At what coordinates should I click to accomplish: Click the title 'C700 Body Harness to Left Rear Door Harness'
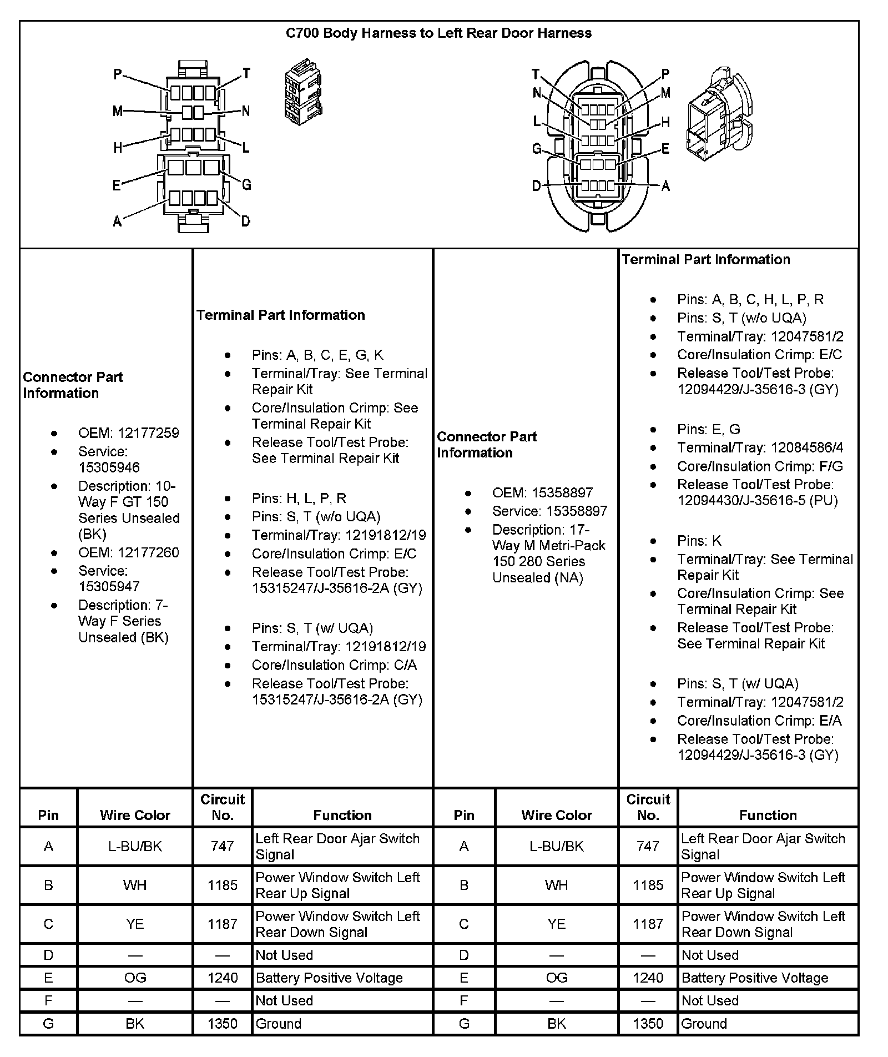(x=438, y=33)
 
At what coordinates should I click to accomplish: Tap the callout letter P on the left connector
(x=118, y=74)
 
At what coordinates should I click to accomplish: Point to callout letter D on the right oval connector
(x=536, y=186)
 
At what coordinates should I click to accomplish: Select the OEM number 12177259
(x=128, y=433)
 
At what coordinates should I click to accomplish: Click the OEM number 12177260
(x=128, y=552)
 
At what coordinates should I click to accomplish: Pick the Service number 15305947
(x=109, y=586)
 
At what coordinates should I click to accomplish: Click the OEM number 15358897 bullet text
(x=542, y=492)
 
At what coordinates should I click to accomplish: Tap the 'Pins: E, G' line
(x=709, y=429)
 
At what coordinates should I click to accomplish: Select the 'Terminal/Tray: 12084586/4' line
(x=760, y=447)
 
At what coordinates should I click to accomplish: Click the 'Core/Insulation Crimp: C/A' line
(x=334, y=665)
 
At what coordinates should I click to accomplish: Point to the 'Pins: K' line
(x=699, y=541)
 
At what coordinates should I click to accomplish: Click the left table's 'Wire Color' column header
(x=135, y=815)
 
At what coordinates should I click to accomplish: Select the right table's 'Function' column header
(x=768, y=815)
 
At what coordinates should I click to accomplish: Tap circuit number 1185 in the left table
(x=222, y=885)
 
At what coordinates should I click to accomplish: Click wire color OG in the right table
(x=556, y=978)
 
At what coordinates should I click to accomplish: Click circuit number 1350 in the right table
(x=648, y=1024)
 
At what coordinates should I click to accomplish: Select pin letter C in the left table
(x=48, y=924)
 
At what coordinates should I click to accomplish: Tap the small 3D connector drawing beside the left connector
(x=303, y=95)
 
